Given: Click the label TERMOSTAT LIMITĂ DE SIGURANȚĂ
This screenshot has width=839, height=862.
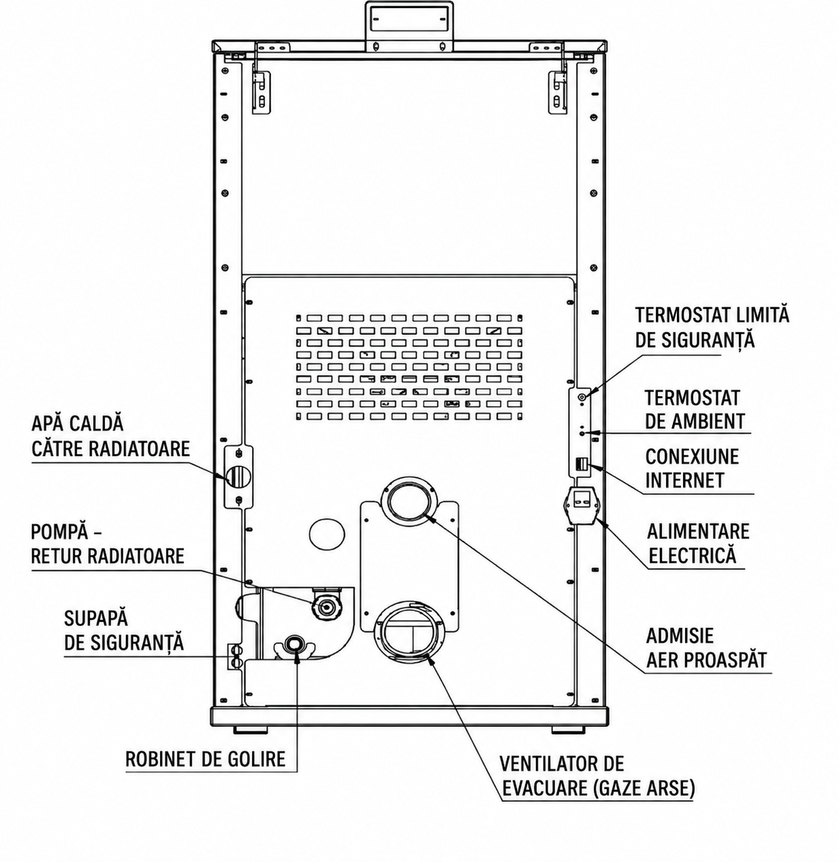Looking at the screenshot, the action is [712, 328].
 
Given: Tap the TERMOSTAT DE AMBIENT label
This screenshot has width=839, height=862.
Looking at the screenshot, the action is [695, 409].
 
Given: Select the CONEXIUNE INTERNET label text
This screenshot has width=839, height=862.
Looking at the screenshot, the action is [692, 468].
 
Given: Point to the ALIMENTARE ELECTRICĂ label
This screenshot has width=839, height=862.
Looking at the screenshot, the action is [698, 543].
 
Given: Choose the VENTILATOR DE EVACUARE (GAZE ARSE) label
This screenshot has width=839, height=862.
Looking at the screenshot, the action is [597, 776].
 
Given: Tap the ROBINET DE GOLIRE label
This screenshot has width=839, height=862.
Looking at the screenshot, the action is [205, 759].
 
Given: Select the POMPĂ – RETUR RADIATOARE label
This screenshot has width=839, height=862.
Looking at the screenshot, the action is [107, 544].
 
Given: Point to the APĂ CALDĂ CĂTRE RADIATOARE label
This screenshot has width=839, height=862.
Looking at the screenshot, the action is [110, 436].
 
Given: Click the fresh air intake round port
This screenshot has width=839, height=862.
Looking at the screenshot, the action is [408, 499].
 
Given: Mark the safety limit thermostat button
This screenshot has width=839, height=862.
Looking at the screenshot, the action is [582, 397].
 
